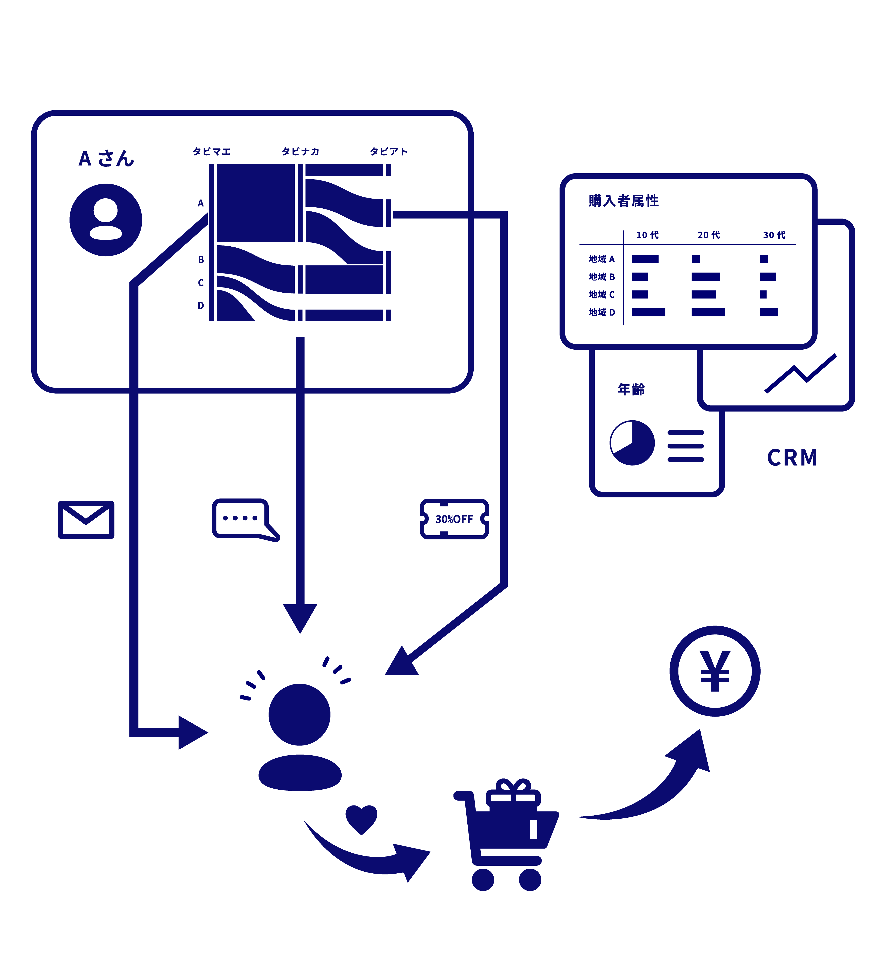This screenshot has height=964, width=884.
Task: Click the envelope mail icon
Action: [86, 520]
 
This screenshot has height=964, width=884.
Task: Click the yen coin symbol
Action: [715, 671]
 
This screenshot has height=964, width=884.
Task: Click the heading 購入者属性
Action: [623, 201]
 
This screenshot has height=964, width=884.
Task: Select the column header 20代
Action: [708, 235]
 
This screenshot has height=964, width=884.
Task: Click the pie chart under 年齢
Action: [632, 443]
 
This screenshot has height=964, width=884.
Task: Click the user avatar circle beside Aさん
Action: [106, 220]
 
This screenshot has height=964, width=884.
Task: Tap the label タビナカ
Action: [300, 152]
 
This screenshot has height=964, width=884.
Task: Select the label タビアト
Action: [388, 152]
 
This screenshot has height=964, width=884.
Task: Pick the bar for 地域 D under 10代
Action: [648, 312]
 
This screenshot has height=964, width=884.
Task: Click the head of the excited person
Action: [299, 714]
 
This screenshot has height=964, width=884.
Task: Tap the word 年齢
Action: [631, 389]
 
